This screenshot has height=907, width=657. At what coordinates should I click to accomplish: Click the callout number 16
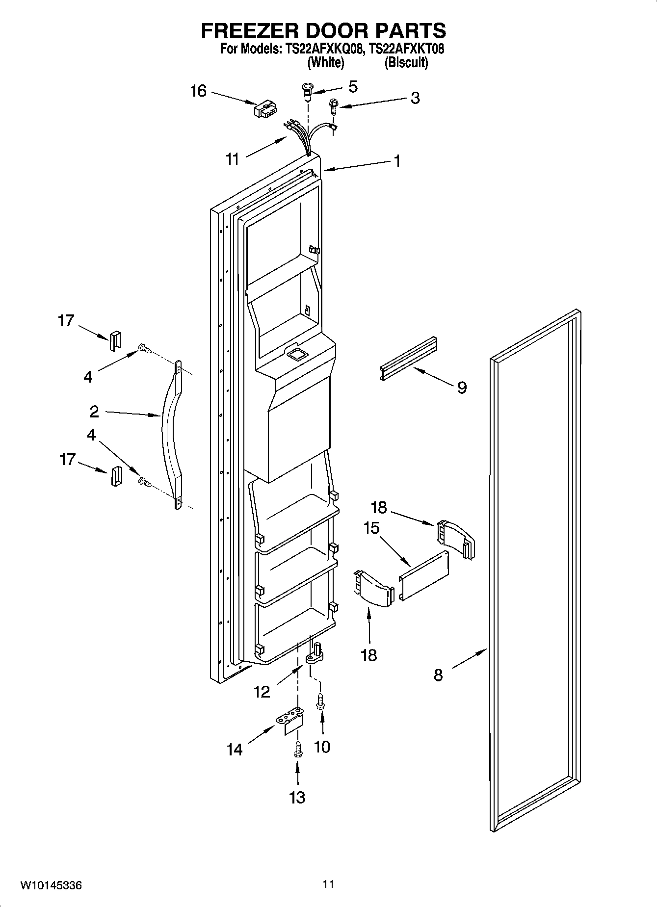(198, 92)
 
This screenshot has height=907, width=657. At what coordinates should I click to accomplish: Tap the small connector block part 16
(263, 110)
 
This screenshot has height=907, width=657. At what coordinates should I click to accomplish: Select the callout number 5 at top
(353, 87)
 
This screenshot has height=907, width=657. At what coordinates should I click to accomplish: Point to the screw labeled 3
(334, 105)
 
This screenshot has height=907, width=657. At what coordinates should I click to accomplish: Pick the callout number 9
(462, 388)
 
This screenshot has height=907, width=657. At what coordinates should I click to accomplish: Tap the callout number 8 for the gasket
(438, 675)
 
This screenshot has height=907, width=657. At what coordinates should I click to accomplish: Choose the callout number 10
(322, 747)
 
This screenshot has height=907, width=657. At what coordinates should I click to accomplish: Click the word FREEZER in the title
(251, 31)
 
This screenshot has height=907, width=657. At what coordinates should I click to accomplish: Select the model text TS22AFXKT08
(407, 49)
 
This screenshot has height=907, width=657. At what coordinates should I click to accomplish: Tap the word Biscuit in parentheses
(406, 63)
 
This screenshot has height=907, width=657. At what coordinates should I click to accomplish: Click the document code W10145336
(51, 886)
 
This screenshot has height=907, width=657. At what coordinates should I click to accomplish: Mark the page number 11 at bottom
(328, 884)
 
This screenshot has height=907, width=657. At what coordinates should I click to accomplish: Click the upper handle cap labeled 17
(114, 340)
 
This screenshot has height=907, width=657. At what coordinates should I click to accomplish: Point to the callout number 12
(262, 692)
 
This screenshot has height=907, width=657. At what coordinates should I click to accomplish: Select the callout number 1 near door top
(397, 161)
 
